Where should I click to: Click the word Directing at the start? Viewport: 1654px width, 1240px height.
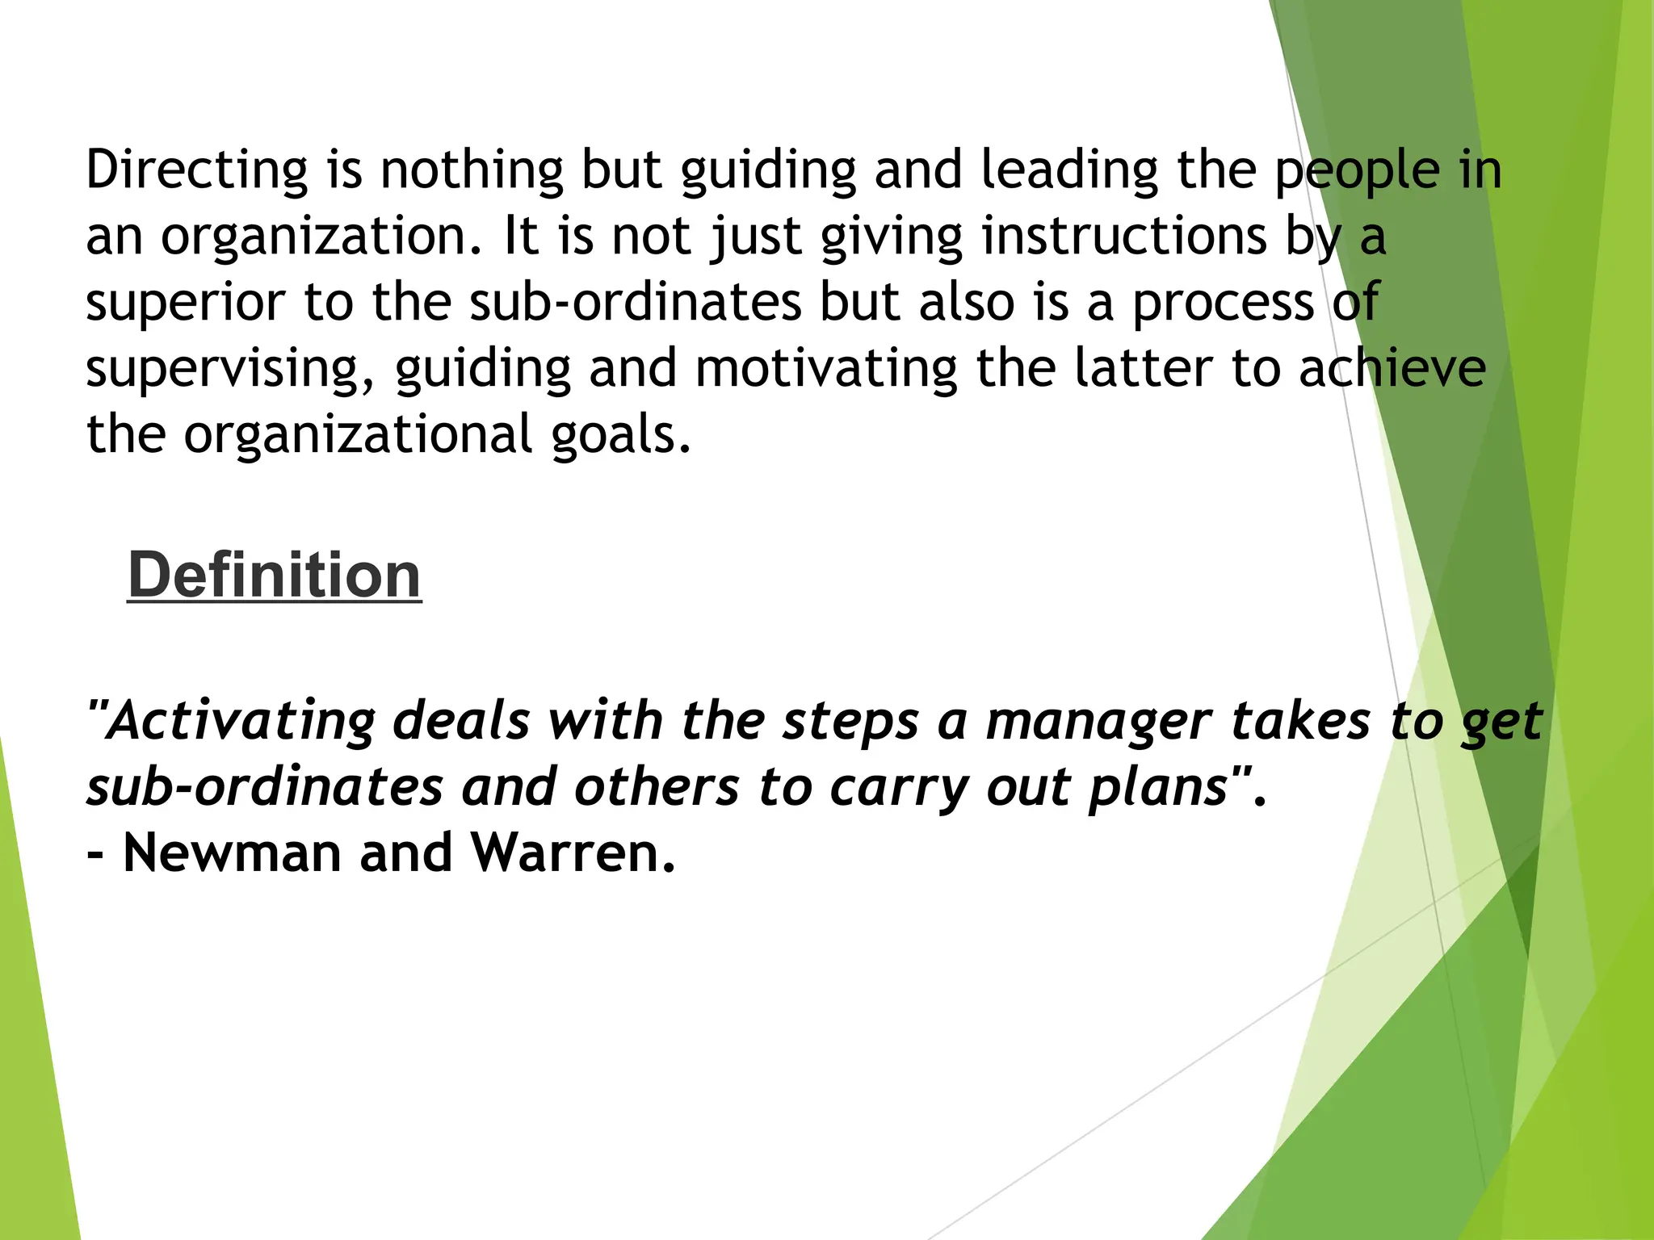tap(197, 171)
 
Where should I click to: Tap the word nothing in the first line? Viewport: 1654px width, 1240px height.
tap(471, 171)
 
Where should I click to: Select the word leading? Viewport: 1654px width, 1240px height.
tap(1069, 171)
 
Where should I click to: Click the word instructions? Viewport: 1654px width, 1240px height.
tap(1124, 237)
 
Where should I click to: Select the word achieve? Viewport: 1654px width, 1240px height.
tap(1392, 369)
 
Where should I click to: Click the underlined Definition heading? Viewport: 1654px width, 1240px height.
tap(275, 575)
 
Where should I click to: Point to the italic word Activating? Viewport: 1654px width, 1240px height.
tap(241, 721)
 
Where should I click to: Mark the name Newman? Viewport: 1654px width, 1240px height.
tap(232, 853)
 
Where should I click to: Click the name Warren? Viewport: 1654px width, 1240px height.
tap(572, 853)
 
